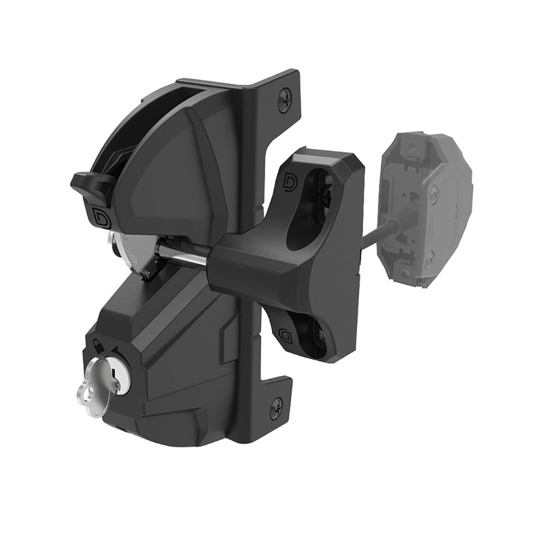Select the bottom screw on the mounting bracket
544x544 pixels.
point(277,409)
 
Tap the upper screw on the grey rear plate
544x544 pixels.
point(434,192)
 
